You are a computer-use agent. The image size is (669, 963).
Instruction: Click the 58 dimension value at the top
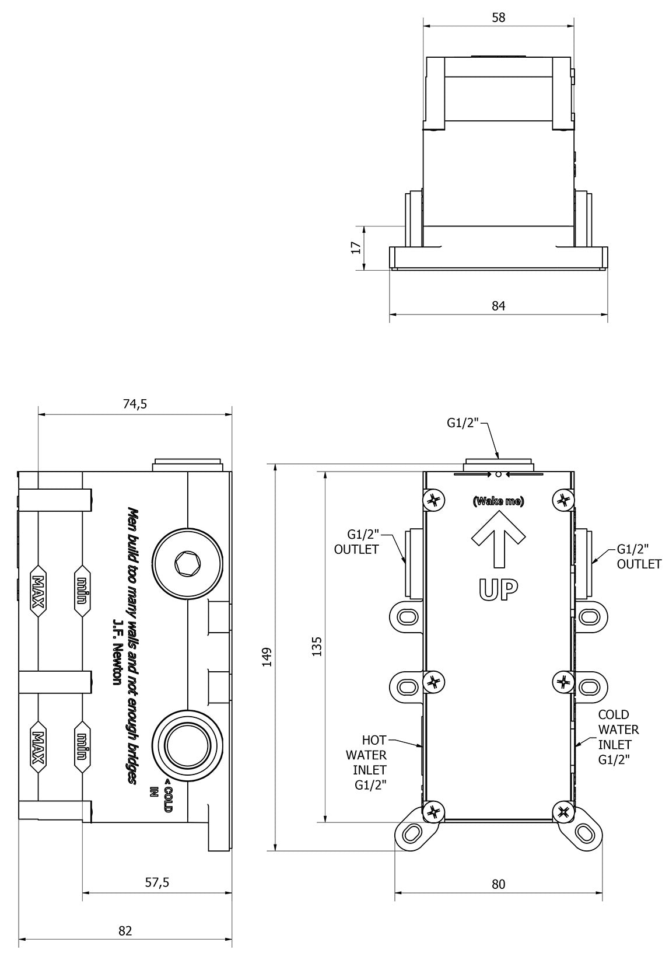[x=498, y=18]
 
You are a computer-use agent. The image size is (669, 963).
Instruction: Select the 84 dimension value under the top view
[x=498, y=305]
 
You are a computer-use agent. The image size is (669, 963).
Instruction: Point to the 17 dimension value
[x=356, y=248]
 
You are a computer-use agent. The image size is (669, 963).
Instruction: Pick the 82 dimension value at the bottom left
[x=125, y=930]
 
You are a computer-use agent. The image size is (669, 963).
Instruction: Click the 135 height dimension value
[x=317, y=647]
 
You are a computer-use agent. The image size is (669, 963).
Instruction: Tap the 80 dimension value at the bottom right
[x=498, y=884]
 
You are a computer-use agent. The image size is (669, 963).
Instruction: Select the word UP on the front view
[x=498, y=591]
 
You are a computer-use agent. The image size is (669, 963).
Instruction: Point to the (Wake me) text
[x=498, y=501]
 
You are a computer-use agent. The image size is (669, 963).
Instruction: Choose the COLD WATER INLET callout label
[x=618, y=737]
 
